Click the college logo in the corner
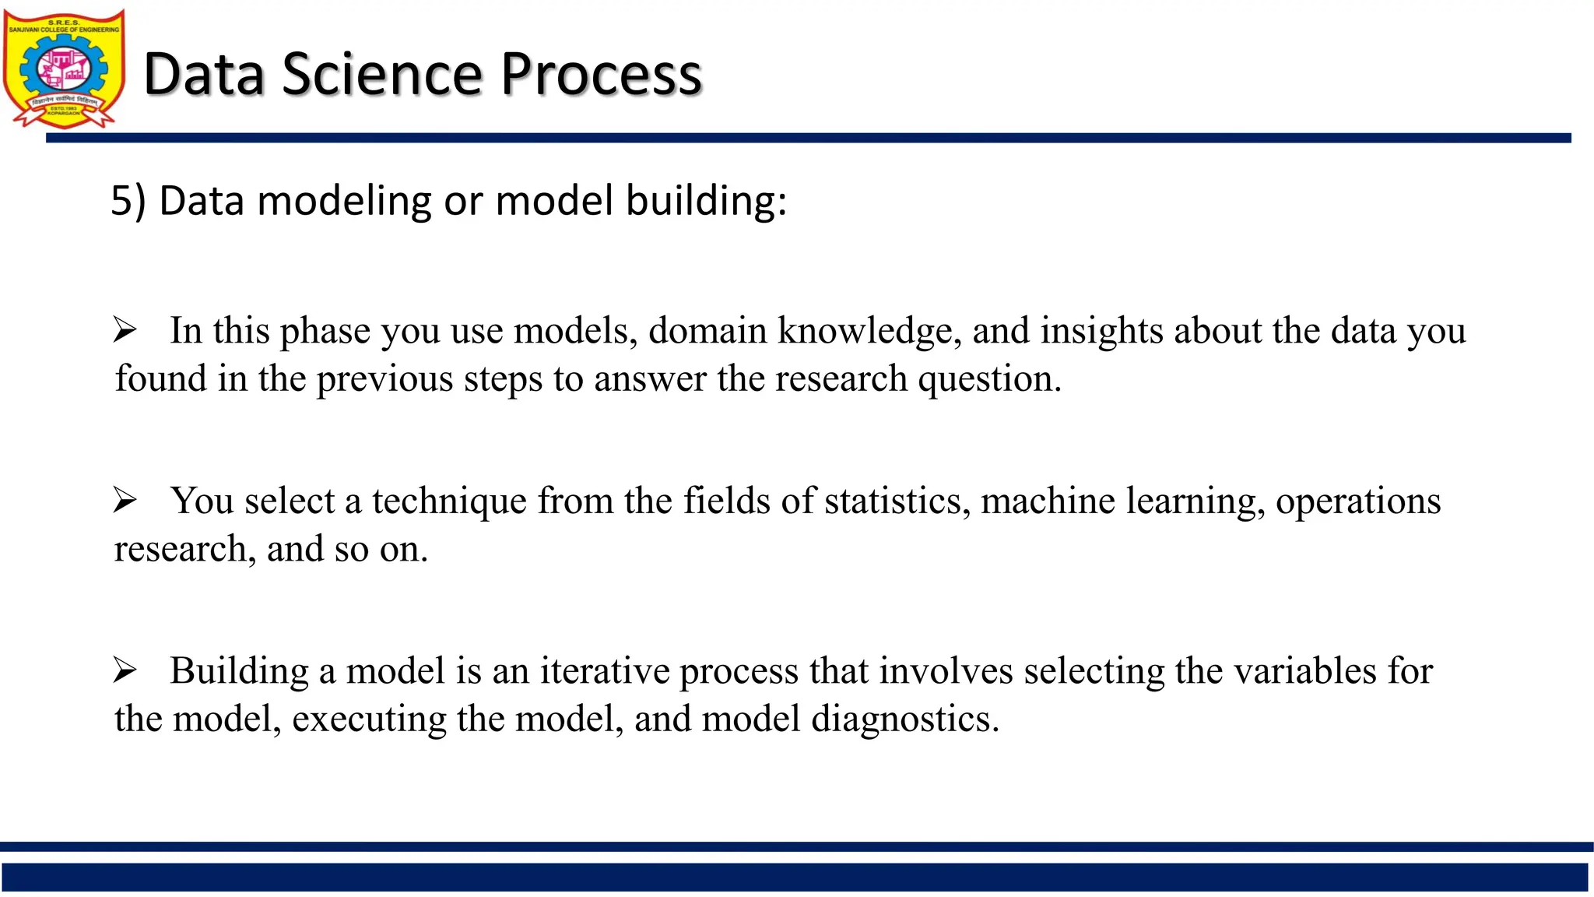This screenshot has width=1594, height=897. [64, 69]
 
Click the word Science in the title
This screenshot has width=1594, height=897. [382, 75]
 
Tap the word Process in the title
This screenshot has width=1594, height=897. [601, 75]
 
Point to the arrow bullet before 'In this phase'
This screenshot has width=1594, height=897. [125, 330]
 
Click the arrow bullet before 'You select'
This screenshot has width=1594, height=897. [125, 500]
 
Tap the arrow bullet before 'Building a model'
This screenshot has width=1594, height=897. [125, 670]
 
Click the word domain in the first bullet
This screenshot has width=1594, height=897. [707, 331]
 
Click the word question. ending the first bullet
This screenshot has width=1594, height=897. [989, 379]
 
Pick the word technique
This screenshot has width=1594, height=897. [449, 501]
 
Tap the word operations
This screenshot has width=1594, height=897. [1358, 501]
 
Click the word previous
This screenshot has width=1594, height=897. [384, 379]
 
